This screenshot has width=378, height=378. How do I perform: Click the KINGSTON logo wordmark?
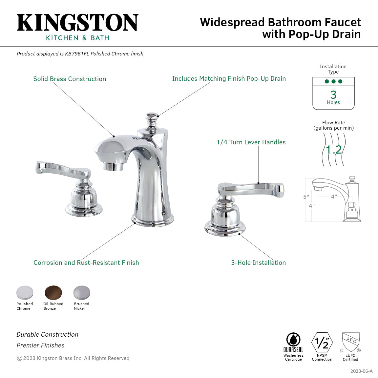tap(77, 23)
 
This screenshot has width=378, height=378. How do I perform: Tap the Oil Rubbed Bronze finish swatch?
tap(53, 292)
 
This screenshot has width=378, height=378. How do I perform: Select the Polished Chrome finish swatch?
tap(25, 292)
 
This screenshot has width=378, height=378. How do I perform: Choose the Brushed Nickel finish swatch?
tap(81, 292)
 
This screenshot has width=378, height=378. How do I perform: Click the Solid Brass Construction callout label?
tap(70, 79)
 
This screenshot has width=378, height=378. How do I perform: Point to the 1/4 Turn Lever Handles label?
tap(251, 142)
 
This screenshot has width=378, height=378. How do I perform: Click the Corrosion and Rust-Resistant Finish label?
tap(86, 263)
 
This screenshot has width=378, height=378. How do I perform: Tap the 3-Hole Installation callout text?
tap(258, 263)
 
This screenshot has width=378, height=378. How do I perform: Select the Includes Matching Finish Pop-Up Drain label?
tap(229, 79)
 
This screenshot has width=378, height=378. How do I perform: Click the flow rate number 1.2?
tap(334, 150)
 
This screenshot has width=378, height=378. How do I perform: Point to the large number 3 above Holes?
tap(333, 95)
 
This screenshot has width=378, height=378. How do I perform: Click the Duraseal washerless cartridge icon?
tap(293, 340)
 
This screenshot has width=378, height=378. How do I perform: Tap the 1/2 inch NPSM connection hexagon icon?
tap(322, 343)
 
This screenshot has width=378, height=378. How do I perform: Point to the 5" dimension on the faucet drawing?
tap(306, 197)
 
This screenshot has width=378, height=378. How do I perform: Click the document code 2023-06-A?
tap(361, 371)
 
